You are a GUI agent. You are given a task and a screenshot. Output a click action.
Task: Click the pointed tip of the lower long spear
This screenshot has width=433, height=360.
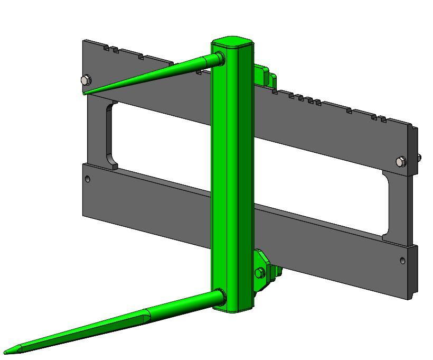point(6,351)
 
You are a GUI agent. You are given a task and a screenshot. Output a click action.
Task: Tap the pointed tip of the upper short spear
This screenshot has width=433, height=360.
point(85,93)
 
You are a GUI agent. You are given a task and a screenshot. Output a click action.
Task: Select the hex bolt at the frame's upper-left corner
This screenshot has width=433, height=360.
point(86,80)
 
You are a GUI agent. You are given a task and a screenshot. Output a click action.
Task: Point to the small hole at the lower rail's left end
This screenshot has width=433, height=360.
point(88,179)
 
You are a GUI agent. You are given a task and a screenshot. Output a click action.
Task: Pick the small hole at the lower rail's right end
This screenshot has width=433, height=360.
point(403,261)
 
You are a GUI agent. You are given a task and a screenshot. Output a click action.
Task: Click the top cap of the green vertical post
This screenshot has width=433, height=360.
point(232,42)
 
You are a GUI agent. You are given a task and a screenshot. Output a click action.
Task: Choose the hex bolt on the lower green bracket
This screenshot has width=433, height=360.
point(259,273)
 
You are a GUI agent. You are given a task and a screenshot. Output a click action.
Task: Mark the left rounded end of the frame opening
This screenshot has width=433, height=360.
point(110,135)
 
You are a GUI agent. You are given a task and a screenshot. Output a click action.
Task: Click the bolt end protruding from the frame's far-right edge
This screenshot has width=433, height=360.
point(419,157)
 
